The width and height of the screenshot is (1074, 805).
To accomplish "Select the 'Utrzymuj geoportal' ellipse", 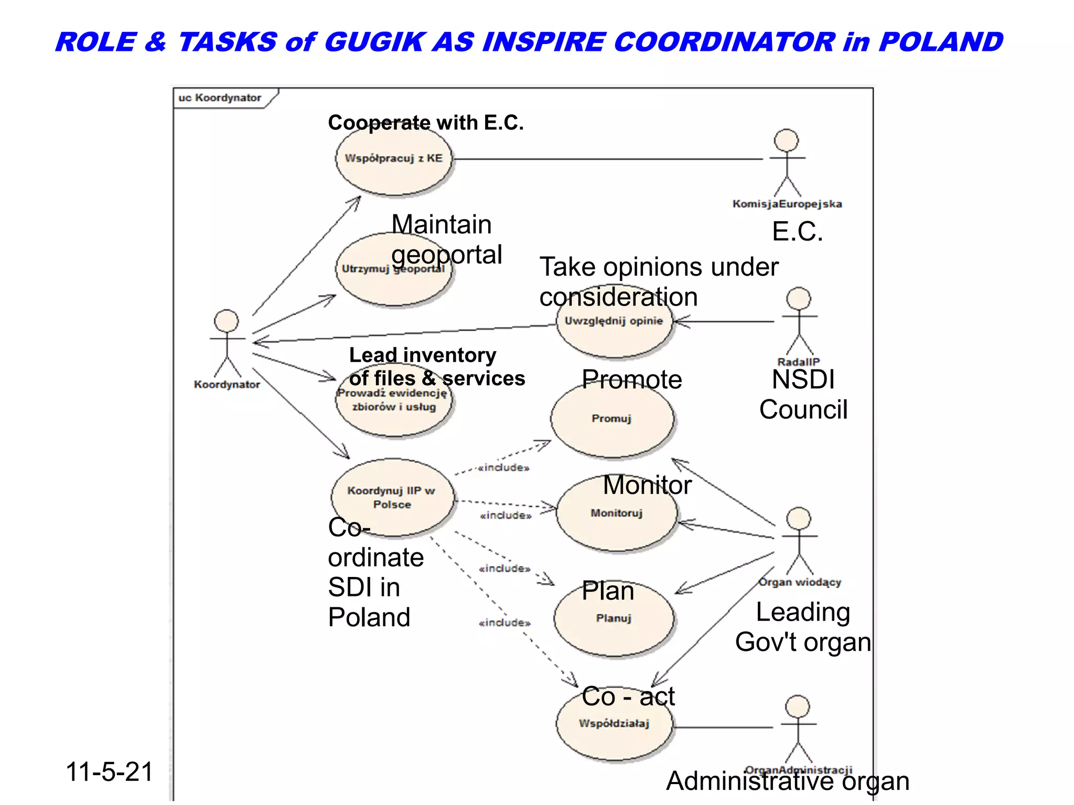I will tap(393, 278).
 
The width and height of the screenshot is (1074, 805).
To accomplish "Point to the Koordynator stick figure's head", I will tap(227, 321).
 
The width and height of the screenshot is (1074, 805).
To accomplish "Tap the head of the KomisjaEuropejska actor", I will tap(787, 140).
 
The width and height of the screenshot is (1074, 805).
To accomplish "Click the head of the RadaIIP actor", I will tap(799, 299).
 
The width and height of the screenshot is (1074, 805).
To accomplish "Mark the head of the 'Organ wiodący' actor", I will tap(799, 519).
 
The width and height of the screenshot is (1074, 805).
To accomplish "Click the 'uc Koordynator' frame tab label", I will tap(220, 98).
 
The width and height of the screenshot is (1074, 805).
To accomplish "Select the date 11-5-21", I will tap(109, 772).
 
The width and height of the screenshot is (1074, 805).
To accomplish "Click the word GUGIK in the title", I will tap(374, 42).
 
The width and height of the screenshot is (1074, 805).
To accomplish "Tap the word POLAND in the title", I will tap(941, 42).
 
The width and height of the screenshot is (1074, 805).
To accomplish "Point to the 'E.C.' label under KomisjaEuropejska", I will tap(797, 232).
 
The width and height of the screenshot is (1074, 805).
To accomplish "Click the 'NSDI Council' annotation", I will tap(803, 394).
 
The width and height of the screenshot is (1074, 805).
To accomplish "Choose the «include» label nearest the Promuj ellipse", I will tap(504, 467).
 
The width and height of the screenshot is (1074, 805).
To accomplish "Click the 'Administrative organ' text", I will tap(788, 781).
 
